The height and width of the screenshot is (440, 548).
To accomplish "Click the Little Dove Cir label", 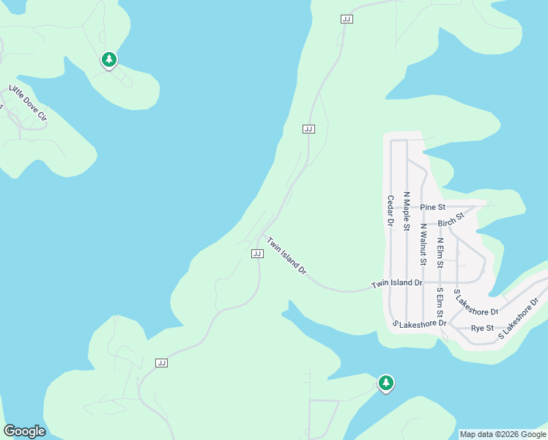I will coord(28,103).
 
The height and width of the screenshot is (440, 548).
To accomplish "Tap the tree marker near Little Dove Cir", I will coord(109,59).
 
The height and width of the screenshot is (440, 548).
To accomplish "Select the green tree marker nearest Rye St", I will coord(385,383).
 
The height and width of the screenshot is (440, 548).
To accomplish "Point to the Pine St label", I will coord(432,208).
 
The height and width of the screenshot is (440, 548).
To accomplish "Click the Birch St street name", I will coord(451,220).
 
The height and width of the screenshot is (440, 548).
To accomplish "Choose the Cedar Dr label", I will coord(390,210).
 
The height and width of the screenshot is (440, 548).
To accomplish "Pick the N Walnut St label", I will coord(423,244).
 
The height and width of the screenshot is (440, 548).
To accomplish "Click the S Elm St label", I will coord(440,301).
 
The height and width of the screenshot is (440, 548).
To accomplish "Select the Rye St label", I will coord(482,328).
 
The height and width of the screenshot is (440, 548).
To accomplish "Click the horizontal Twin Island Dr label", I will coord(397,283).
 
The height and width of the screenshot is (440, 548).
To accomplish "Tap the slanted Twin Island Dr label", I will coord(286,255).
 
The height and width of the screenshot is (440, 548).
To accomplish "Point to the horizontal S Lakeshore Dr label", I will coord(420,323).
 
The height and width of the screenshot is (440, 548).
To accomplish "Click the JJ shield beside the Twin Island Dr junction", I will coord(257,253).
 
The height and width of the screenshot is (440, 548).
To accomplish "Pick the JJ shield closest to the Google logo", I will coord(162,362).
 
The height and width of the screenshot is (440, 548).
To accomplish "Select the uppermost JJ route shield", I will coord(347,19).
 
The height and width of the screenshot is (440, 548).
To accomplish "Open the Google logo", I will coord(24,431).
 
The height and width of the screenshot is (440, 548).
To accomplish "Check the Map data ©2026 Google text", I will coord(503,434).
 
